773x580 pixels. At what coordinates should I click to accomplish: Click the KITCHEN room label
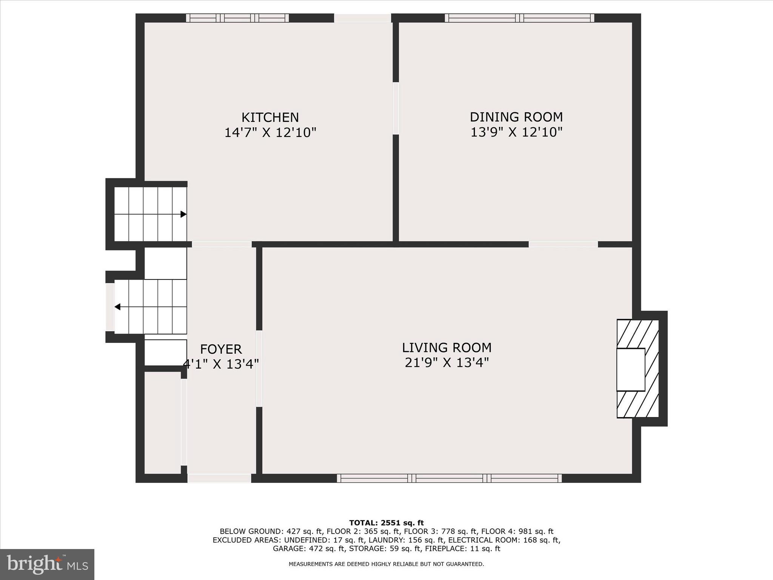coord(270,117)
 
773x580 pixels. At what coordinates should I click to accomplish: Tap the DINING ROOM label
coord(516,117)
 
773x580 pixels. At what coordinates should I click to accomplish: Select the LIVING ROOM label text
coord(447,347)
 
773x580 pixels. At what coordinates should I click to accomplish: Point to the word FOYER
coord(221,349)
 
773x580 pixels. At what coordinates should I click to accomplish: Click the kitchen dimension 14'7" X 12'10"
coord(270,133)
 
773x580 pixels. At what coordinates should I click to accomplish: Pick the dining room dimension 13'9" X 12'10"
coord(516,133)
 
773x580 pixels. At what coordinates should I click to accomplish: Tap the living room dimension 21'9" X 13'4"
coord(447,363)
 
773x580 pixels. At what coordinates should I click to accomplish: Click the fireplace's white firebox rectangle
coord(630,369)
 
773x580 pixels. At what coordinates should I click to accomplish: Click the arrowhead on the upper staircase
coord(183,214)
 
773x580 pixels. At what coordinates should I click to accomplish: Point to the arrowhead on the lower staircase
coord(117,307)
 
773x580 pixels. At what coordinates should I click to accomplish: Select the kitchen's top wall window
coord(237,18)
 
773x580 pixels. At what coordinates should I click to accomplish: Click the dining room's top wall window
coord(519,18)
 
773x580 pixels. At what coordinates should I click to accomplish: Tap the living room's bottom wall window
coord(449,478)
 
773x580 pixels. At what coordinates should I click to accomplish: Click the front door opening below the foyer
coord(219,478)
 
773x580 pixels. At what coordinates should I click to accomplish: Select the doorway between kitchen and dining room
coord(396,108)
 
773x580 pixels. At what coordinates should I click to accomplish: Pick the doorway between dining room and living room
coord(563,244)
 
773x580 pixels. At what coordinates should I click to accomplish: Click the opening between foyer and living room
coord(259,369)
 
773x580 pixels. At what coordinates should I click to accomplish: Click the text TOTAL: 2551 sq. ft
coord(386,523)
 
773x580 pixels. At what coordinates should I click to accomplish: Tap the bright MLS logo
coord(47,564)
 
